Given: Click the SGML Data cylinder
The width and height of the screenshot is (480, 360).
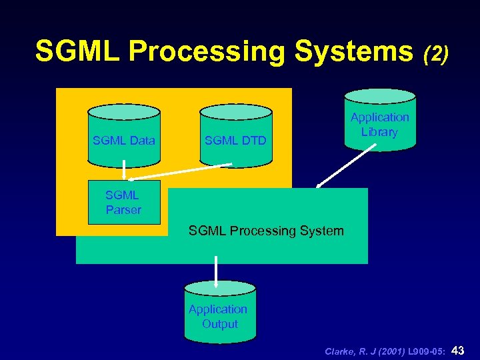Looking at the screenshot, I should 124,136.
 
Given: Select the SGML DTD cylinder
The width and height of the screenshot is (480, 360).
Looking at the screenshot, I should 235,136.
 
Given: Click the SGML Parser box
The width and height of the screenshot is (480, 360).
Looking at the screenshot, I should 124,202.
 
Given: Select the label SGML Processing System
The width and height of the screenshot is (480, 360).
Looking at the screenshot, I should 266,231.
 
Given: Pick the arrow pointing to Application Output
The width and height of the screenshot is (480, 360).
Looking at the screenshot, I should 216,271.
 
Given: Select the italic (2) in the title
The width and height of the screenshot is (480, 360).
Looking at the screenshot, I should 436,53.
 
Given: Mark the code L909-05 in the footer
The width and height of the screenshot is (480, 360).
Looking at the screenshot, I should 425,351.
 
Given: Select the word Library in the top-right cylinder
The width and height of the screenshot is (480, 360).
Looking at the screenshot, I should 379,132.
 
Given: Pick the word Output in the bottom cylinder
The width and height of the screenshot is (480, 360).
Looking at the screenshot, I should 220,324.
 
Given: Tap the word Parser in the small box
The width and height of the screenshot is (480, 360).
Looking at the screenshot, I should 124,210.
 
